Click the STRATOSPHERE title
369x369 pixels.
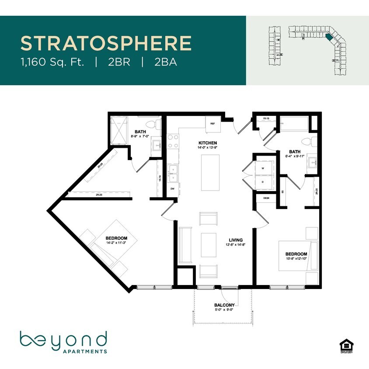tap(106, 43)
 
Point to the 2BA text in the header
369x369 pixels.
tap(165, 62)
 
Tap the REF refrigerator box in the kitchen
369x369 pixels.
tap(213, 123)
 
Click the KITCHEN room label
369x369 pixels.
tap(208, 143)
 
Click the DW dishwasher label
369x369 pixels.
tap(172, 189)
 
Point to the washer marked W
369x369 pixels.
tap(262, 168)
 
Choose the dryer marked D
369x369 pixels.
tap(262, 181)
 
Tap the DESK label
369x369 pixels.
tap(266, 198)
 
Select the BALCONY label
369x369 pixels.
tap(224, 305)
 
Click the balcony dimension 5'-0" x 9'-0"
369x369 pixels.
tap(224, 310)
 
